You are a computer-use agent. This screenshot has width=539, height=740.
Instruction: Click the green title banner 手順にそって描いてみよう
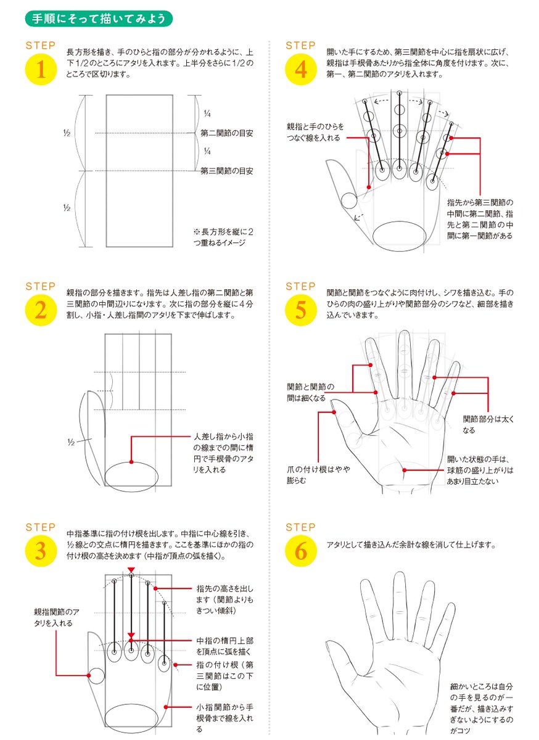[99, 18]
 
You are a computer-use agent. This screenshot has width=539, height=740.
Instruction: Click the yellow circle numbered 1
[41, 70]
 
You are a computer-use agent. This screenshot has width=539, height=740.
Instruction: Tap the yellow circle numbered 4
[300, 70]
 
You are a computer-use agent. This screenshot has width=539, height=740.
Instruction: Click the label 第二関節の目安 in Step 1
[227, 133]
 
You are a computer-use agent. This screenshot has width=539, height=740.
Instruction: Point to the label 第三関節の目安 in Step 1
[227, 171]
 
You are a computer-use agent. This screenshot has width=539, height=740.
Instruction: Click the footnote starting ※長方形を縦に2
[223, 237]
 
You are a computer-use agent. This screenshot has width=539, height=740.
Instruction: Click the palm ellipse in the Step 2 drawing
[131, 475]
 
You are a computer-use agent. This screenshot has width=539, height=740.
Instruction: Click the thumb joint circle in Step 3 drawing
[96, 677]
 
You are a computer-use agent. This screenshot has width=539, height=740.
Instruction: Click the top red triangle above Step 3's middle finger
[131, 570]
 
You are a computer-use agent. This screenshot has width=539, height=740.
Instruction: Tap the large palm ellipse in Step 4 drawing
[400, 236]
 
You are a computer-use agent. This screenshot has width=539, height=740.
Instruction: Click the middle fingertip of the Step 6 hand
[397, 578]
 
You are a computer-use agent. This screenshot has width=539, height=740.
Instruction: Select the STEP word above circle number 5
[300, 287]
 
